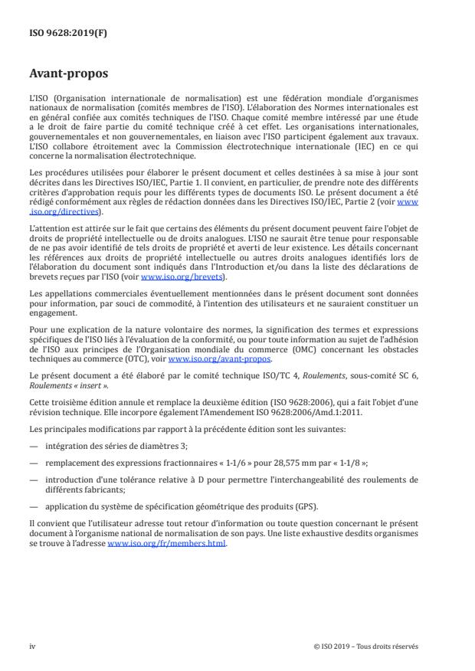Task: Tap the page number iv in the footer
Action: (32, 646)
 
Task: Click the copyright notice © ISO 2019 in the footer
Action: (366, 646)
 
